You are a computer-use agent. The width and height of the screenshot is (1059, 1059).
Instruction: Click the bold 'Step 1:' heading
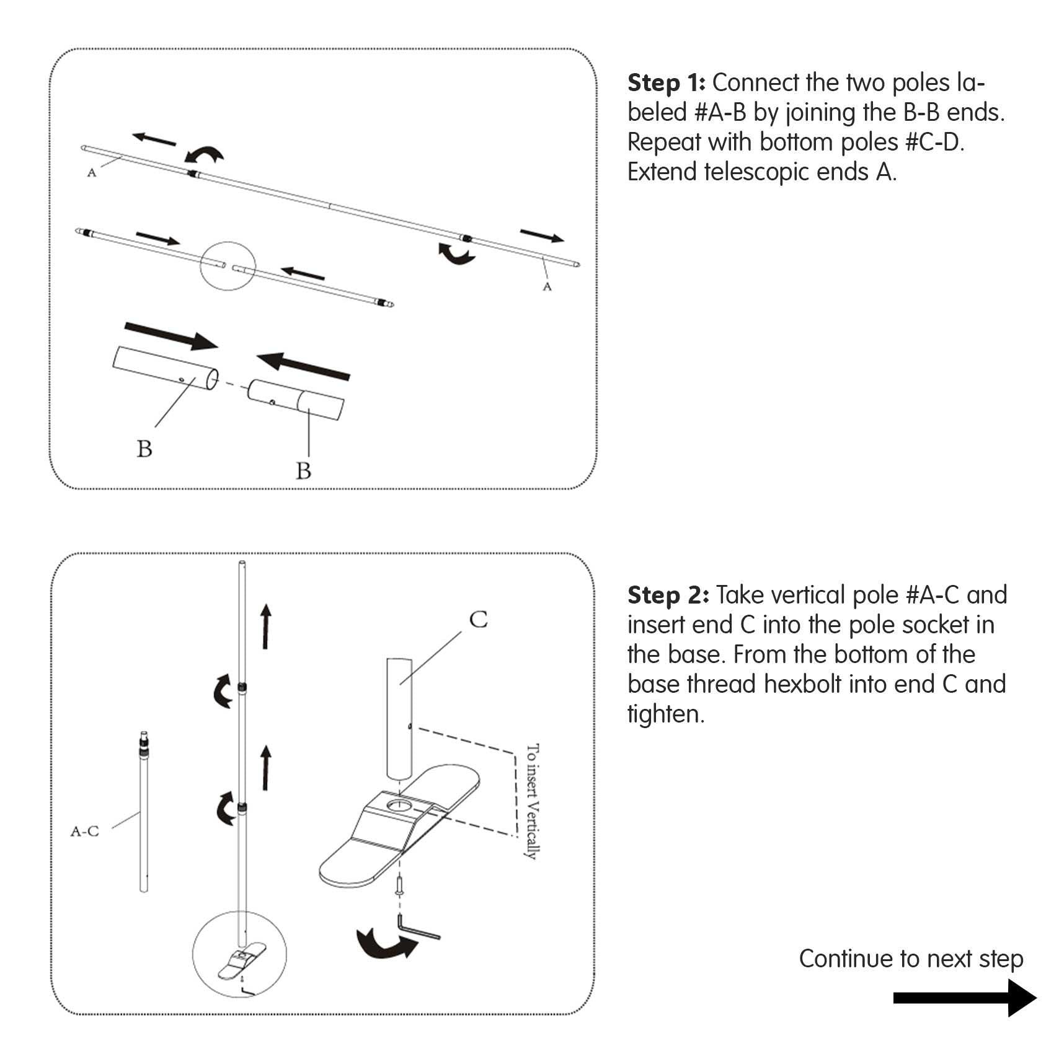pos(666,82)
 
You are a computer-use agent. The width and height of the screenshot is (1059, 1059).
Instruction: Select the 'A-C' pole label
pos(84,831)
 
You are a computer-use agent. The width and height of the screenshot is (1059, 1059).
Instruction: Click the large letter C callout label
pos(478,619)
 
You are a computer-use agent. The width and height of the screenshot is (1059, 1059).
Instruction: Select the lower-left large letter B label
pos(144,449)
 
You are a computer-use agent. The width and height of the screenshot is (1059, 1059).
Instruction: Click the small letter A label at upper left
pos(92,173)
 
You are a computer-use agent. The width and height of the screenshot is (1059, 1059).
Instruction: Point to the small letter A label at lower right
pos(547,286)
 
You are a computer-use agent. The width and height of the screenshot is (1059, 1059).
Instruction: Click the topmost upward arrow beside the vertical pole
pos(266,626)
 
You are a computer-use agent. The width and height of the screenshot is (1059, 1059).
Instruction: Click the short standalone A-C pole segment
pos(144,812)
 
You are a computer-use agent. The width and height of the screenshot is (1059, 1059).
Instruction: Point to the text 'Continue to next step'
pos(910,959)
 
